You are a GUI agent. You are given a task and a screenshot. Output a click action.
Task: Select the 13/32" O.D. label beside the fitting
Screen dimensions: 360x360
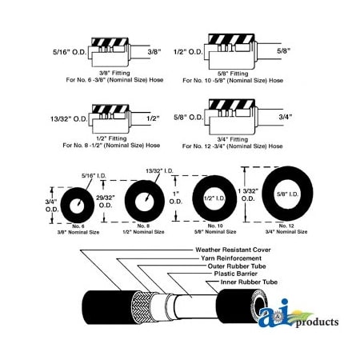[x=62, y=118]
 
